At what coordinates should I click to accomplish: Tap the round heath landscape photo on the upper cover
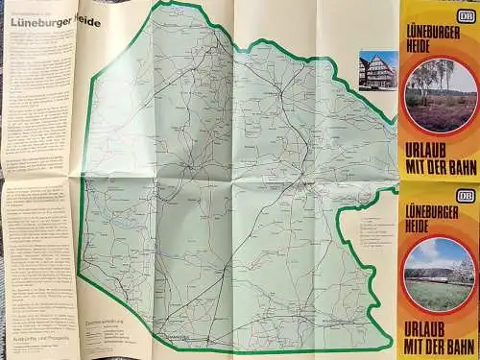tap(440, 94)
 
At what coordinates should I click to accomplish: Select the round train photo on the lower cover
tap(438, 276)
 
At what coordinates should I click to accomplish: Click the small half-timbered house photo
tap(377, 70)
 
